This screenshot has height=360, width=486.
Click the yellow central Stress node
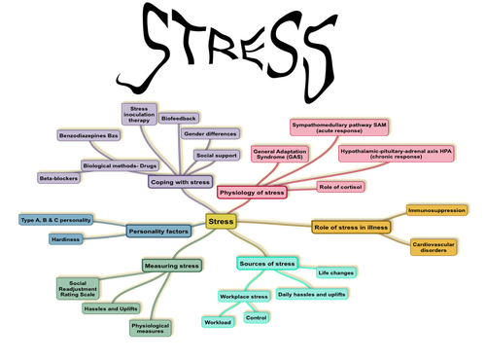(x=222, y=223)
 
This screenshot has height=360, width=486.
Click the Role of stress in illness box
(x=351, y=227)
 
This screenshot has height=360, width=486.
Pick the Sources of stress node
(x=265, y=264)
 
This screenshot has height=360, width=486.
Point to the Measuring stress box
(x=172, y=265)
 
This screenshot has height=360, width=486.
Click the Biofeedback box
(x=176, y=117)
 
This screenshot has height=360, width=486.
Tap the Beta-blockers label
(x=59, y=179)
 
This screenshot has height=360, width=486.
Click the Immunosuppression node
(x=436, y=209)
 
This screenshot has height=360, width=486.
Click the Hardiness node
(x=67, y=238)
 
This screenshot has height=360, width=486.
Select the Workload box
(x=217, y=321)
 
